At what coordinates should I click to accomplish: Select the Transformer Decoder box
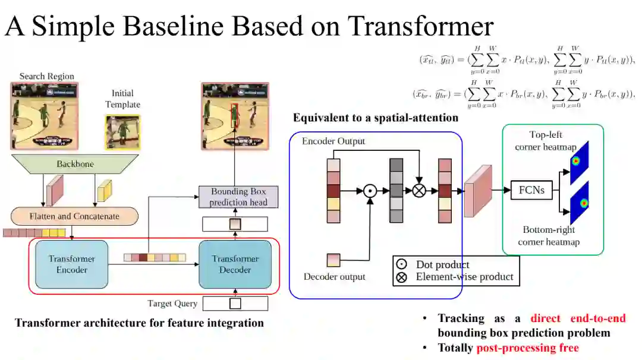click(235, 264)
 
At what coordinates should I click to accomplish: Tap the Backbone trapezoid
click(74, 164)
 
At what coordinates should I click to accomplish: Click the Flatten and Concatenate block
click(74, 216)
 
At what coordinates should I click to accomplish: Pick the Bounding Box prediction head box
click(238, 197)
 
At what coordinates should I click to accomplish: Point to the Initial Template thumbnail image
click(122, 132)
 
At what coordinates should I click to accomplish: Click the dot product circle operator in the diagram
click(370, 191)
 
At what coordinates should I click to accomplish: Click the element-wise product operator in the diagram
click(419, 191)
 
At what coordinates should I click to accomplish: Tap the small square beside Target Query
click(235, 304)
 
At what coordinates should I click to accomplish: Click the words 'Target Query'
click(172, 304)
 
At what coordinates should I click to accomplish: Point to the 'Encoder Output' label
click(333, 141)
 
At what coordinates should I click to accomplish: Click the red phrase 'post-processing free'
click(527, 348)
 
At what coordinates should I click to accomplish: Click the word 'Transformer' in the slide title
click(421, 26)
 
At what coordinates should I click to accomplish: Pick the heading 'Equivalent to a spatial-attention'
click(375, 118)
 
